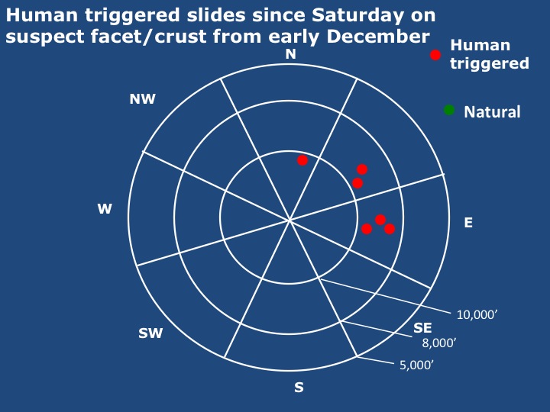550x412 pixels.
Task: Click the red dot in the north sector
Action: click(x=302, y=160)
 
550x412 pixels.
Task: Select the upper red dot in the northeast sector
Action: click(x=362, y=169)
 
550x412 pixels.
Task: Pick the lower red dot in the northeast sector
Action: click(x=357, y=183)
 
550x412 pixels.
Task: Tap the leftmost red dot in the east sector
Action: click(x=367, y=229)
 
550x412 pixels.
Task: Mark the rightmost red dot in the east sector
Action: click(x=390, y=229)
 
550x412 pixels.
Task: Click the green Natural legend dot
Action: click(x=449, y=110)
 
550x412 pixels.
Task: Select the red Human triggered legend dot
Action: click(x=435, y=55)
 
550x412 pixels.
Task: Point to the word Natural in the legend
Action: click(x=492, y=112)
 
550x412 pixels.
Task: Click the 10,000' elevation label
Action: click(x=477, y=314)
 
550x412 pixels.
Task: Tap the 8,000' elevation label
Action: click(x=438, y=343)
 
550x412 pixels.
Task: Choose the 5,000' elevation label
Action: click(x=416, y=365)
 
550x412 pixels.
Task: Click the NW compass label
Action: click(x=142, y=99)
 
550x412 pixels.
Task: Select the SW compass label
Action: click(x=150, y=333)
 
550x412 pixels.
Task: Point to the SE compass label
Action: click(x=422, y=327)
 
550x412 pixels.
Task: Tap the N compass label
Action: click(x=291, y=54)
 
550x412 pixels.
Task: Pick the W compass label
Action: click(x=105, y=209)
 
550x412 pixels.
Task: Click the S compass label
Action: click(x=299, y=388)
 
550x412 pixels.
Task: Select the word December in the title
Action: click(x=378, y=37)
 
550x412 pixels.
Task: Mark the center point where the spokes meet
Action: click(x=290, y=220)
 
